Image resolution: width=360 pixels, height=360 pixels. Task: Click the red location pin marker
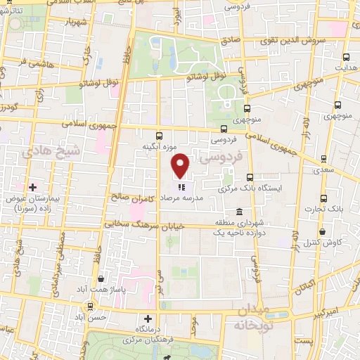pos(181,165)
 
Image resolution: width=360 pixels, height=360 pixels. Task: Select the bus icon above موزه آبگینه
pos(159,136)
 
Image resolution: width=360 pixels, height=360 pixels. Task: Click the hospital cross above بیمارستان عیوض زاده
pos(32,186)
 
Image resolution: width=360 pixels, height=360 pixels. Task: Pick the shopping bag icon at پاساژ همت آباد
pos(102,278)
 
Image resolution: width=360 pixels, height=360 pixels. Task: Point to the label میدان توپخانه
pos(253,316)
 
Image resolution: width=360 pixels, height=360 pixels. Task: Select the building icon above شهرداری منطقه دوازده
pos(240,212)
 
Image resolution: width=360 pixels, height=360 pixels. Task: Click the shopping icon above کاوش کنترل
pos(322,231)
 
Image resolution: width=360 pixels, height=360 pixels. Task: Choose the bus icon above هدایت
pos(345,58)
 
